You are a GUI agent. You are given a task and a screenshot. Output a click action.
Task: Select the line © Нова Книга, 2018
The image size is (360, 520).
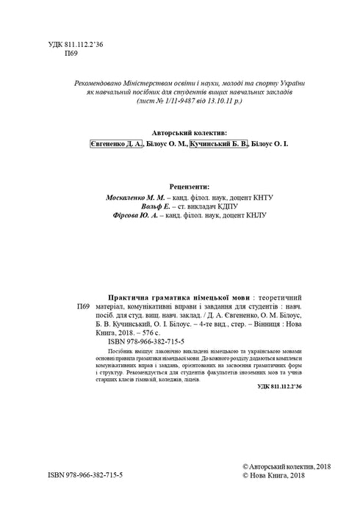pyautogui.click(x=272, y=476)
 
